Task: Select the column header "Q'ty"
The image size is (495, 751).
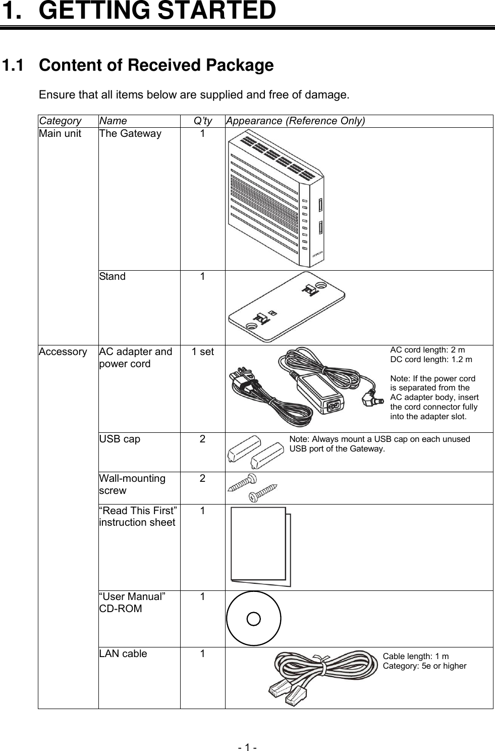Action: point(203,121)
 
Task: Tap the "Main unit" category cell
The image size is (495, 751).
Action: point(60,134)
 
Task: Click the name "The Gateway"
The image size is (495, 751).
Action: point(130,134)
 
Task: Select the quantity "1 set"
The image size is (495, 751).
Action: point(202,352)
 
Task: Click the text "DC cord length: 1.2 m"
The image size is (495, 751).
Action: point(431,360)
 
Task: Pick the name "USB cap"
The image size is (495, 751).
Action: point(120,439)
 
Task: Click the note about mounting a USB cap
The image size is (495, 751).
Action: point(379,443)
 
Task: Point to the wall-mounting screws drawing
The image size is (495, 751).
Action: point(252,488)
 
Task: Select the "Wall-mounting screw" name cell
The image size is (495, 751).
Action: point(132,484)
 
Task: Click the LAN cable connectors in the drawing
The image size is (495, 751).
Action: point(286,693)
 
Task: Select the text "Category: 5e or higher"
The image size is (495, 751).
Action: point(424,666)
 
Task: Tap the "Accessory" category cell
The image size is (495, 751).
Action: point(63,352)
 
